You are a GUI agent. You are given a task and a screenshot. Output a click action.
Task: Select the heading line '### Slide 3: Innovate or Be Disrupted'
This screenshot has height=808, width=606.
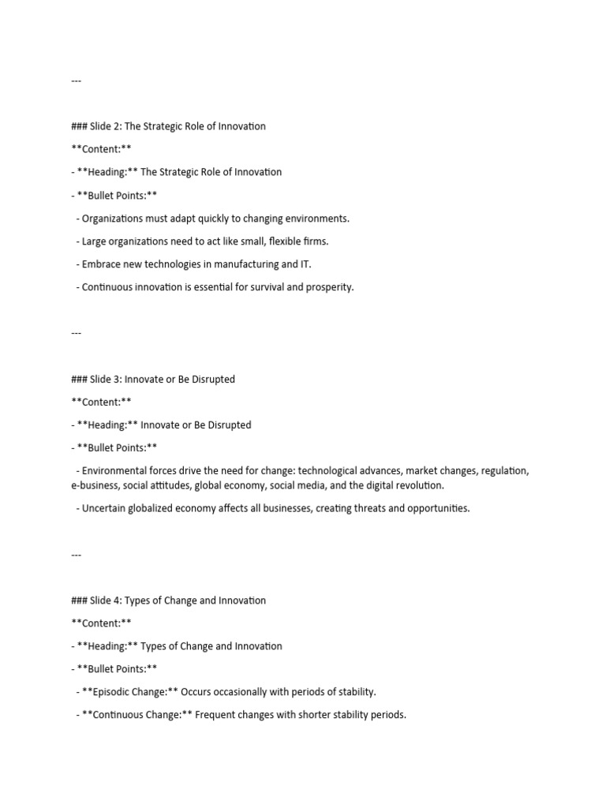[x=153, y=380]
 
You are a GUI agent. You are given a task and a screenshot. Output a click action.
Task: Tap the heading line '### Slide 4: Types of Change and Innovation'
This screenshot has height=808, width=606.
[x=168, y=600]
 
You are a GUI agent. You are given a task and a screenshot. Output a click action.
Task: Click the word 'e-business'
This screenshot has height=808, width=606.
[x=95, y=485]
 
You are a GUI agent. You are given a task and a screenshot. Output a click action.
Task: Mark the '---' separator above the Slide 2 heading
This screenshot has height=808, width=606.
[x=76, y=81]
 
